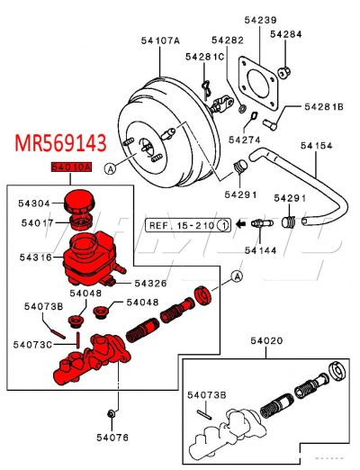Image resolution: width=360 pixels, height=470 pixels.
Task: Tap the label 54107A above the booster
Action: pos(160,41)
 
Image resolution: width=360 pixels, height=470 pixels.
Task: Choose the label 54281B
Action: pos(323,106)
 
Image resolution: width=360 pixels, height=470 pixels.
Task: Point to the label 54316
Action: pos(36,258)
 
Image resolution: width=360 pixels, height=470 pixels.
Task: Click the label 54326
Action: pos(151,283)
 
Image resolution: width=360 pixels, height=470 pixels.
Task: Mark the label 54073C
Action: pos(33,343)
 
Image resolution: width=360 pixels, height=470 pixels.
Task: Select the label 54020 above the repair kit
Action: pos(266,341)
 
